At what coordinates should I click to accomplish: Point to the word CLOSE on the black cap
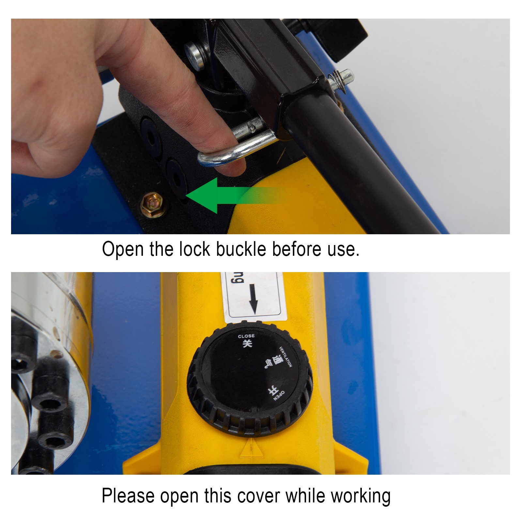coord(246,336)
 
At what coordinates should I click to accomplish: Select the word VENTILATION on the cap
coord(286,357)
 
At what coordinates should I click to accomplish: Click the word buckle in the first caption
coord(241,249)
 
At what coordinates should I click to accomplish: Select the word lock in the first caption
coord(194,249)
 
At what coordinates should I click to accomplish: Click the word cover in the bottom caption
coord(258,496)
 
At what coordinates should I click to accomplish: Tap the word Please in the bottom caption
coord(128,496)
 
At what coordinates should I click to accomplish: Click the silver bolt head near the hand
coord(195,55)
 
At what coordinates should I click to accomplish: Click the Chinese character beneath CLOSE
coord(247,343)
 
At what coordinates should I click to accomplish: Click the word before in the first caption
coord(297,249)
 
